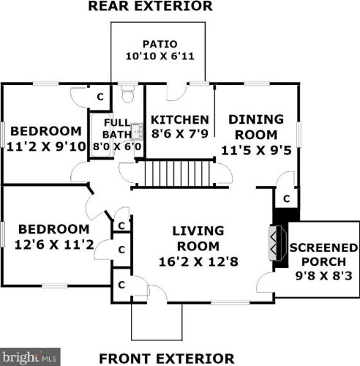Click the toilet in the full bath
(x=128, y=94)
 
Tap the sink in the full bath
(x=137, y=131)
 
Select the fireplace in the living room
(x=278, y=243)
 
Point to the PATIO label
(x=160, y=44)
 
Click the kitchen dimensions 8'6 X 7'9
(x=180, y=134)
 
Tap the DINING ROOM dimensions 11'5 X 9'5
(x=256, y=150)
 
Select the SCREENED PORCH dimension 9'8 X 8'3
(x=324, y=276)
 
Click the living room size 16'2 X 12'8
(x=198, y=262)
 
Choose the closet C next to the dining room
(x=287, y=199)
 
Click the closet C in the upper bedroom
(x=100, y=97)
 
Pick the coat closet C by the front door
(x=121, y=285)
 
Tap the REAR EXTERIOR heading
(x=150, y=6)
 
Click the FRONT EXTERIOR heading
(x=167, y=359)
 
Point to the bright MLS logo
(x=30, y=357)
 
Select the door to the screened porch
(x=265, y=283)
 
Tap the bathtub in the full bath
(x=100, y=135)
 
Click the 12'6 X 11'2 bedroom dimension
(x=54, y=245)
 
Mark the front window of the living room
(x=230, y=303)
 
